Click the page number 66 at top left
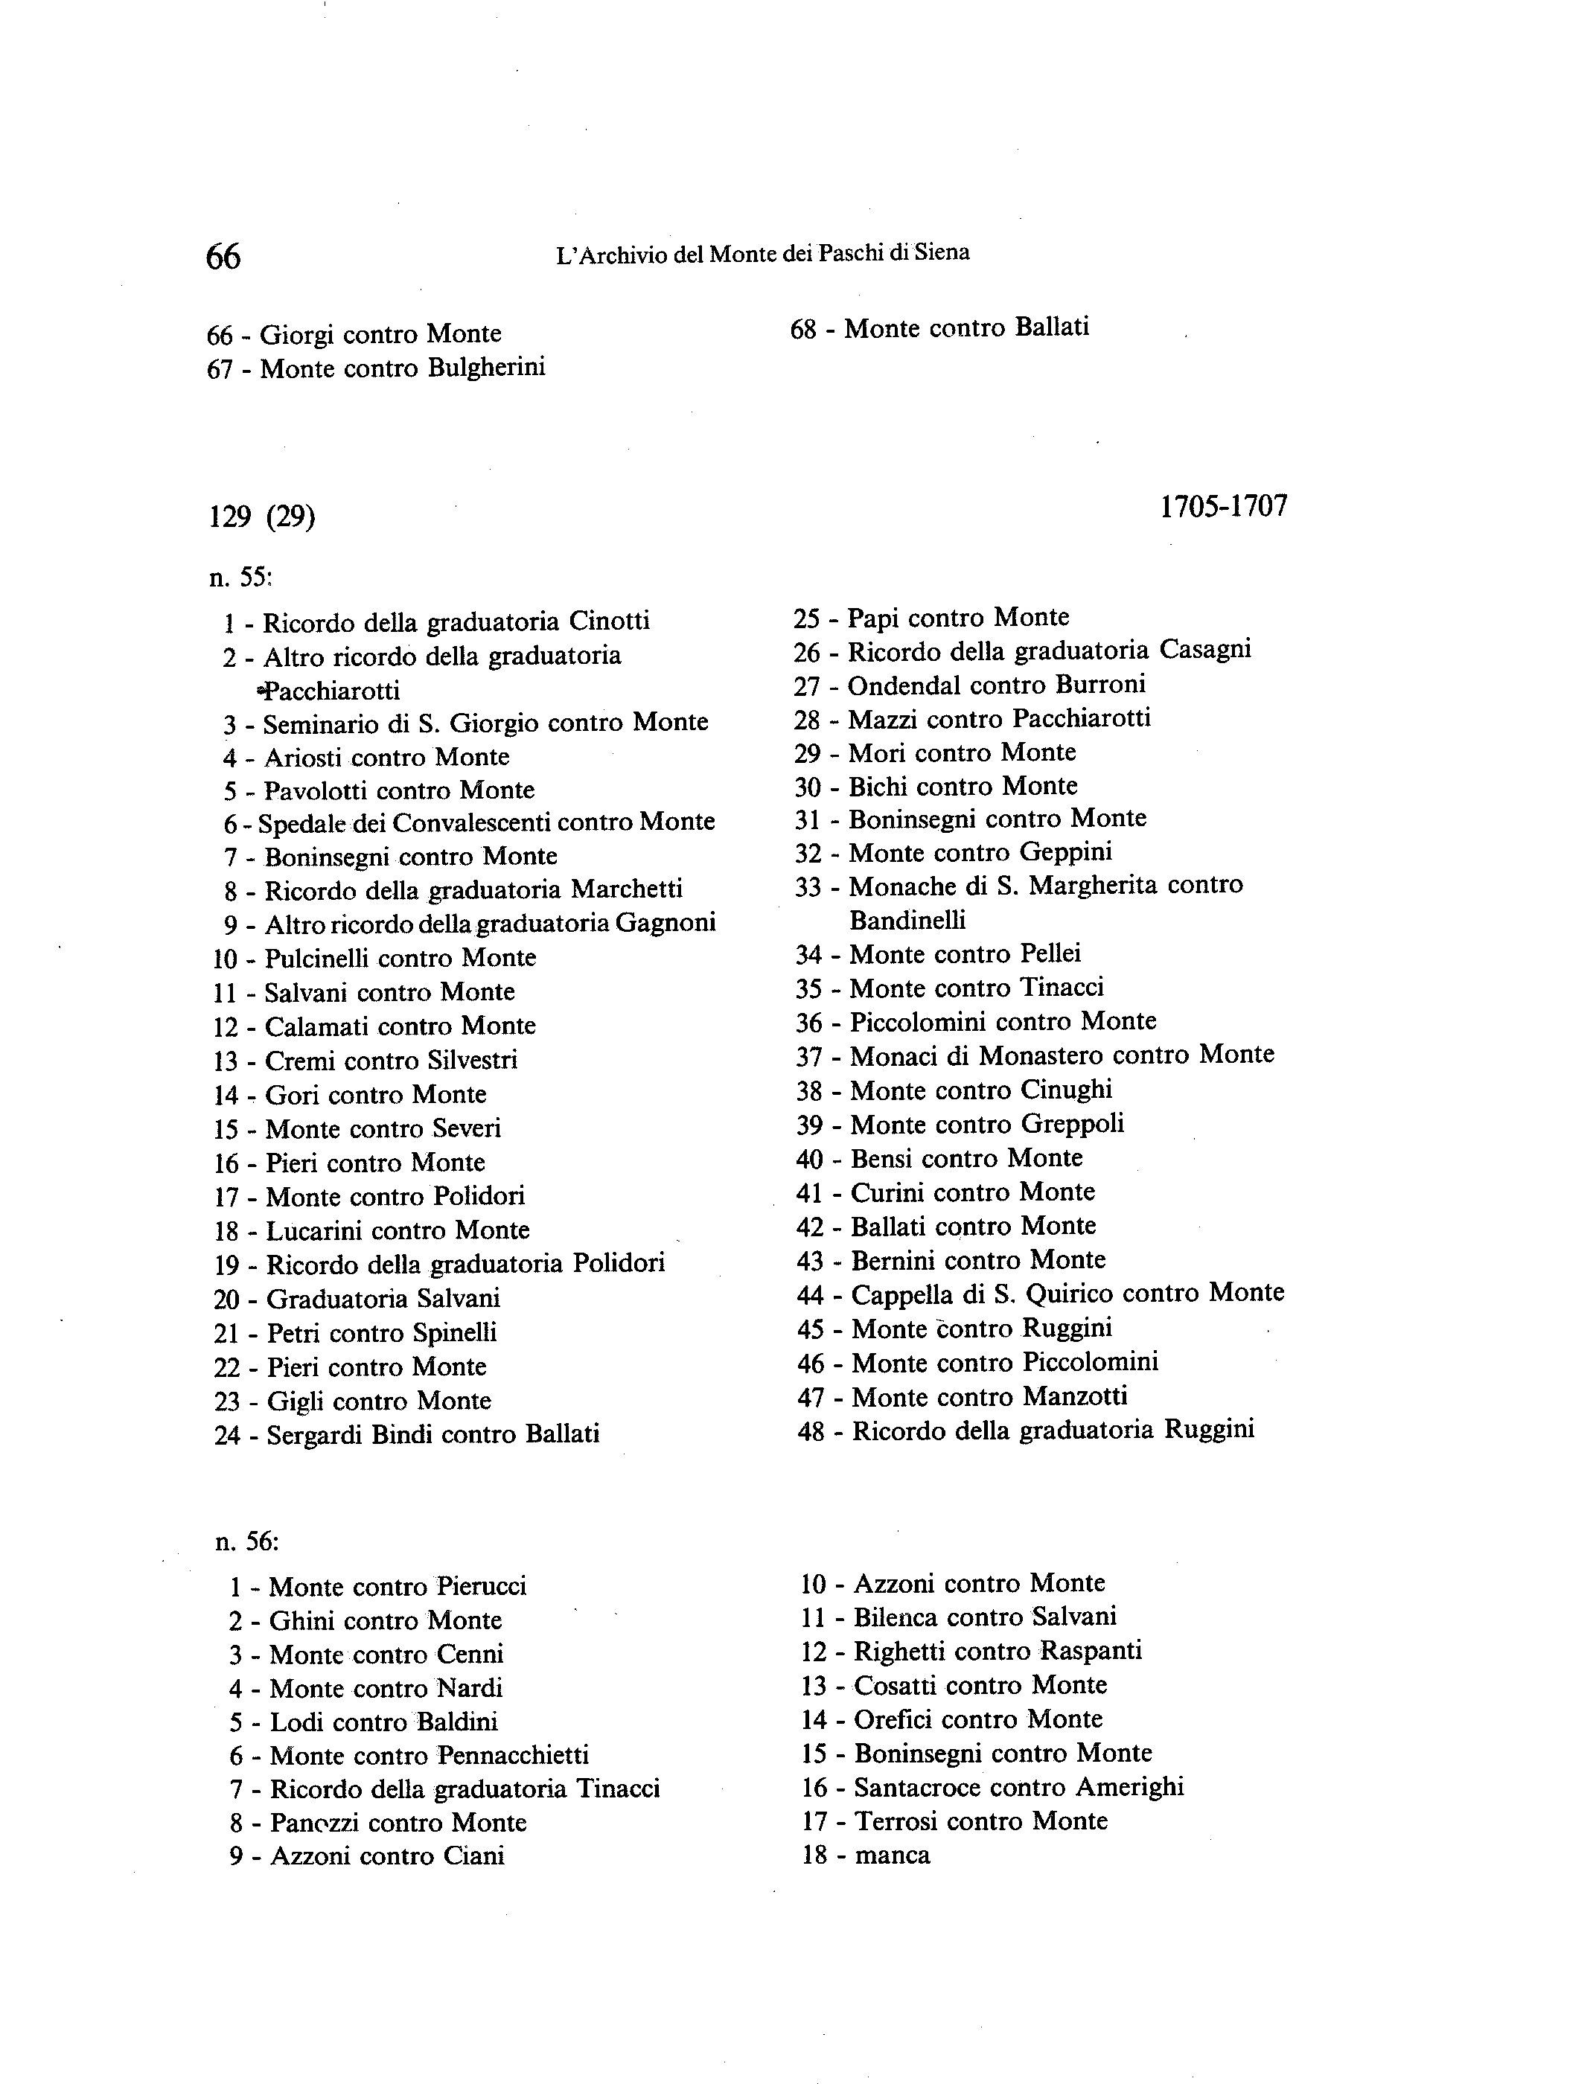(x=223, y=257)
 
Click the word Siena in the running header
(x=943, y=252)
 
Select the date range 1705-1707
(x=1224, y=506)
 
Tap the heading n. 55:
(x=241, y=577)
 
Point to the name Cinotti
(x=609, y=621)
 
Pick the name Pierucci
(x=481, y=1586)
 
